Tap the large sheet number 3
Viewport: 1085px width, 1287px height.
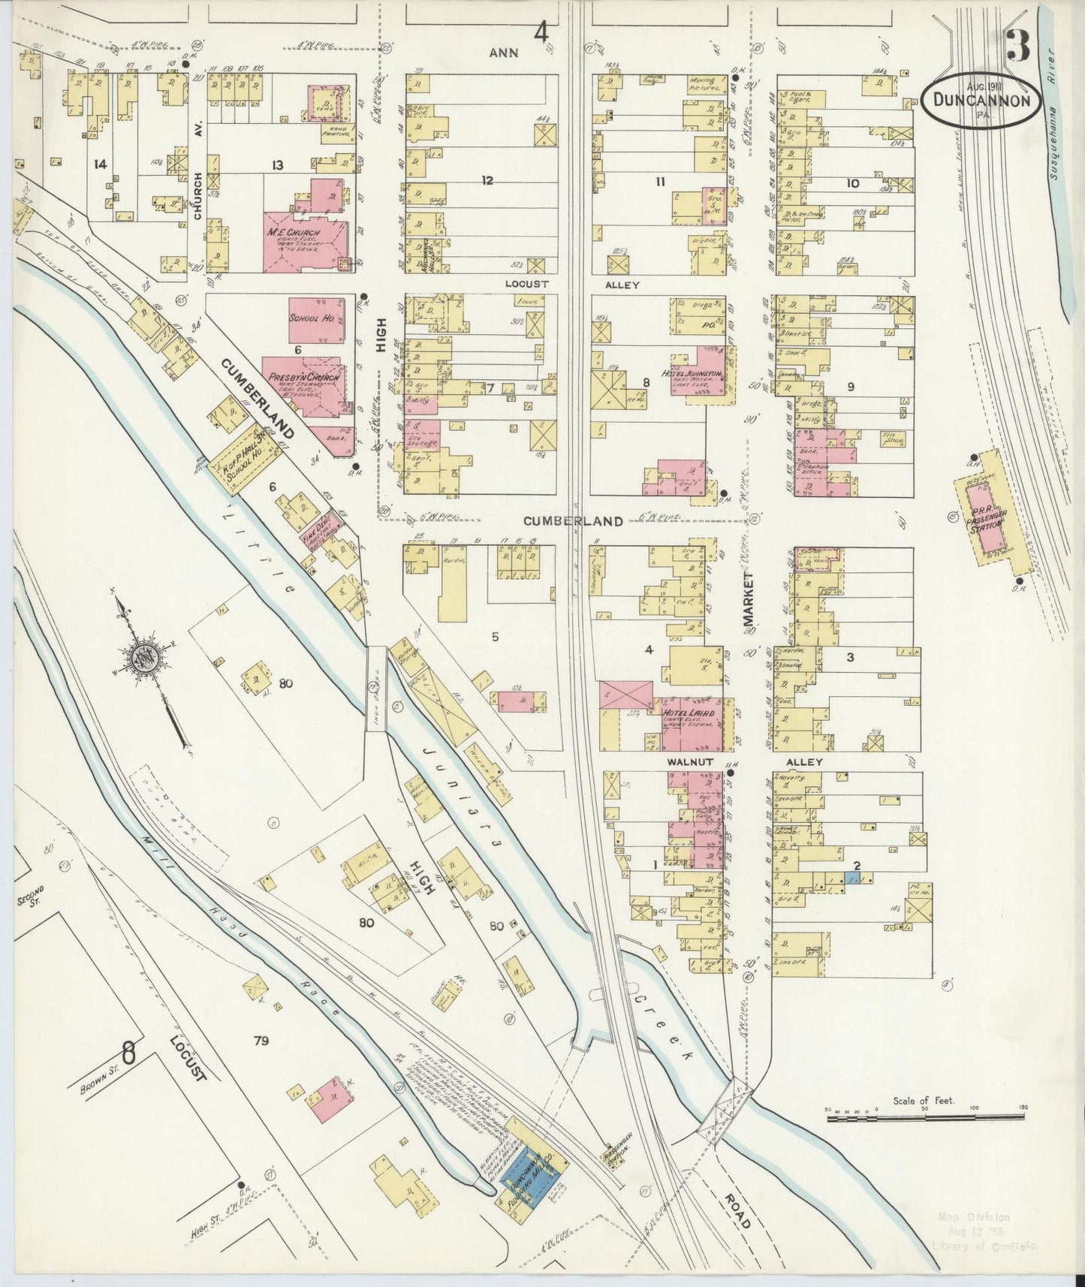[x=1018, y=49]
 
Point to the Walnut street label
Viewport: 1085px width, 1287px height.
[x=684, y=761]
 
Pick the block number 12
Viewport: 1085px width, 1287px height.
[x=488, y=180]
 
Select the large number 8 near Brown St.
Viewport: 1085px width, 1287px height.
[x=128, y=1053]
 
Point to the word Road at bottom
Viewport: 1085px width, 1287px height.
[x=739, y=1207]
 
